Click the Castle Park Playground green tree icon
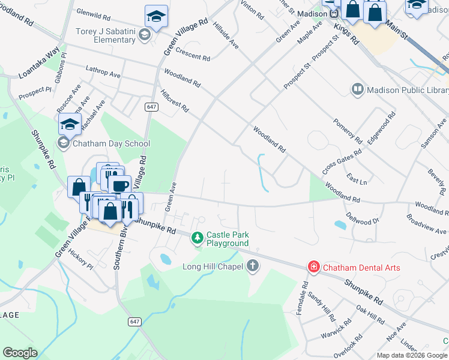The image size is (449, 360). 197,238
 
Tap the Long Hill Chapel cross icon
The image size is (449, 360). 253,265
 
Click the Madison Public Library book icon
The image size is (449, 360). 358,89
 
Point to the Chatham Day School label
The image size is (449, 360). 111,143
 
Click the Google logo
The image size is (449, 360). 20,353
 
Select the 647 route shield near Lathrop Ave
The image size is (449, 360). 151,106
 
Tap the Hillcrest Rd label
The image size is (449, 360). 175,101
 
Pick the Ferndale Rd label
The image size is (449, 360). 305,293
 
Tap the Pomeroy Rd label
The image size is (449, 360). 348,130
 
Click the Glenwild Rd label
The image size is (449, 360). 94,14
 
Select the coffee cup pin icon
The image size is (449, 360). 119,185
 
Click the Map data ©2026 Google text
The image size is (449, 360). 412,355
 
